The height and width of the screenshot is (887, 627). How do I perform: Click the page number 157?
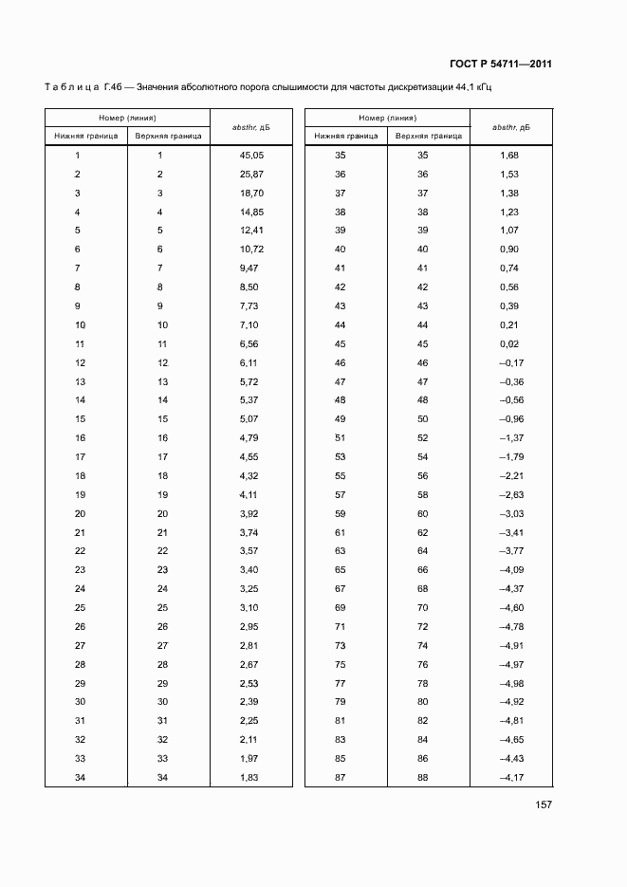point(544,805)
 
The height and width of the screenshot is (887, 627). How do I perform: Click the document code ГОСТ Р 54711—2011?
point(501,65)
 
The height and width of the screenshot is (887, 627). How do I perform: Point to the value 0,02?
point(508,343)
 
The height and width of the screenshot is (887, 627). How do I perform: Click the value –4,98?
point(510,683)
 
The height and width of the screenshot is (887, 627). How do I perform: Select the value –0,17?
point(510,362)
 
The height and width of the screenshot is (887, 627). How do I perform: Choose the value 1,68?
point(508,155)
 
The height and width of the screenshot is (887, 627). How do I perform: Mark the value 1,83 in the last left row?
point(249,778)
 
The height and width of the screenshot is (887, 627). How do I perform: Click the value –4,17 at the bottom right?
point(510,778)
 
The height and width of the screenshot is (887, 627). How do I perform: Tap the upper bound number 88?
point(423,778)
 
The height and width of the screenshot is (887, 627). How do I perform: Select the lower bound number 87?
point(341,778)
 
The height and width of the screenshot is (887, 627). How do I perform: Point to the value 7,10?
point(249,324)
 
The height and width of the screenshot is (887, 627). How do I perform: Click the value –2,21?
point(510,475)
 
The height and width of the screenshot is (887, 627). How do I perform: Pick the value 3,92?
point(249,513)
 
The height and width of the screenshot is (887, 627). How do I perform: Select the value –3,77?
point(510,551)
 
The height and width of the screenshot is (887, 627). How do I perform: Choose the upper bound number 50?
point(423,419)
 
